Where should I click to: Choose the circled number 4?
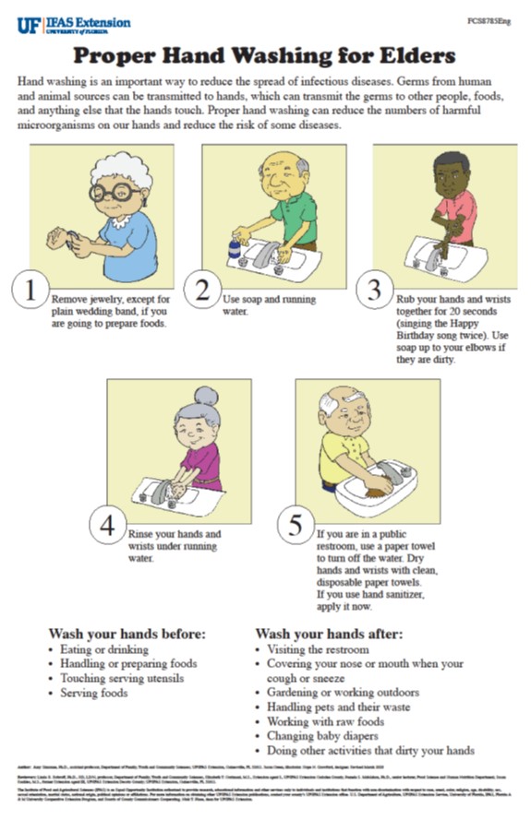pos(109,525)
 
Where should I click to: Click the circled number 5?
pos(296,524)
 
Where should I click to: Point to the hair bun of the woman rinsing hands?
pos(206,397)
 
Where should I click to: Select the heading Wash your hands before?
pos(127,635)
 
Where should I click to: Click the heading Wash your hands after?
pos(329,635)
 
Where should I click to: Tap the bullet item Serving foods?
pos(95,694)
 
